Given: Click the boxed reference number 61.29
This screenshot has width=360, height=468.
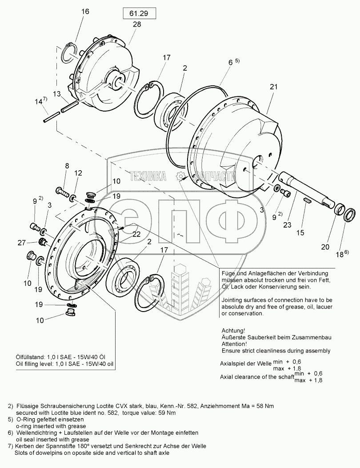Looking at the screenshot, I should tap(137, 14).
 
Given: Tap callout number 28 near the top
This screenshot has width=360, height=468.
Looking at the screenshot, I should tap(136, 24).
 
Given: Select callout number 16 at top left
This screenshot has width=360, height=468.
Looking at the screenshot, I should tap(85, 12).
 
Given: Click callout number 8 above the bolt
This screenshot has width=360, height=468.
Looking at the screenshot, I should tap(67, 166).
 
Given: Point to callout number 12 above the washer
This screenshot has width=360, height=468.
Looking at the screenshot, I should tap(78, 172).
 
